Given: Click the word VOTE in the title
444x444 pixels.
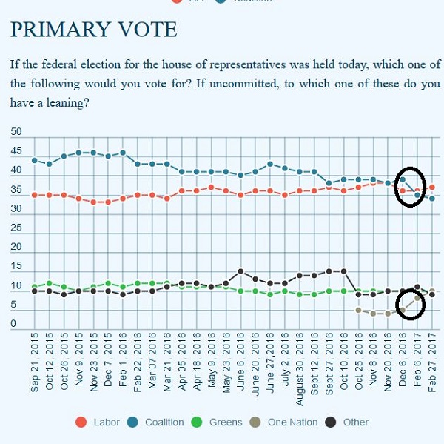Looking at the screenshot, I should coord(150,30).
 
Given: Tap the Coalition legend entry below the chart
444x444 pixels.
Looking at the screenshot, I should coord(164,422).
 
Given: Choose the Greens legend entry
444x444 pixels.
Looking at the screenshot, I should coord(225,422).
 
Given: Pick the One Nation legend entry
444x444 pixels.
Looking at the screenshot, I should coord(292,422).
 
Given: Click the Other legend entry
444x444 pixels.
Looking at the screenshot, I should coord(355,422).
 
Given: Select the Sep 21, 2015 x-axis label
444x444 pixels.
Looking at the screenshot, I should coord(35,366).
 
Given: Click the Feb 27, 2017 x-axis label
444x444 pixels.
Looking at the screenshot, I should coord(432,366).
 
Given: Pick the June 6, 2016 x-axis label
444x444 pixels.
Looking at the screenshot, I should coord(240,366).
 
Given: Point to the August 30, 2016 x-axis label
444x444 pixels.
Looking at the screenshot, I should coord(300,363).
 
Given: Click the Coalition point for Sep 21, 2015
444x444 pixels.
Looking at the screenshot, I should coord(35,160).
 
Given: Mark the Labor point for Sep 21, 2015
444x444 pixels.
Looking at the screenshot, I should coord(35,195).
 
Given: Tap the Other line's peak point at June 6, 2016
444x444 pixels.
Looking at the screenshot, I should coord(240,271).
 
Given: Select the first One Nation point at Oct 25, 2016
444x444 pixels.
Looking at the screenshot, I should coord(358,310).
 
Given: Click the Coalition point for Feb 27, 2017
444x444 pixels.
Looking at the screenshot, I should coord(432,199).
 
